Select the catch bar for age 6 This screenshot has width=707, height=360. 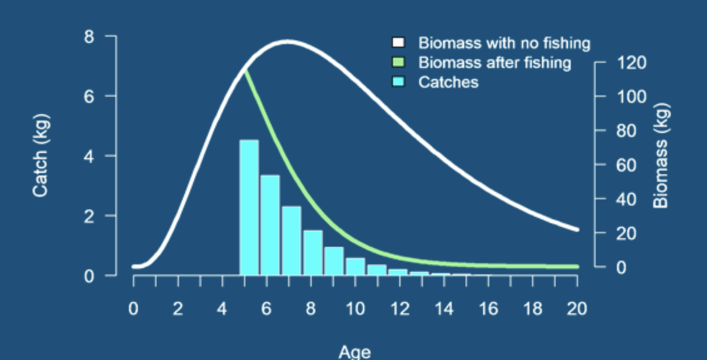coord(270,225)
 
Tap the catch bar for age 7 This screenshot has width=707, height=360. coord(291,240)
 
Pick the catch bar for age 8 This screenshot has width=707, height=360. coord(313,253)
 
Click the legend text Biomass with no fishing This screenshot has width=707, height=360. coord(504,43)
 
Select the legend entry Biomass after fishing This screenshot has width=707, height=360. coord(494,63)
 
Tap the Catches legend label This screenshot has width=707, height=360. coord(448,82)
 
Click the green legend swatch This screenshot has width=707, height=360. coord(398,62)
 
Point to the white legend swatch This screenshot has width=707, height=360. coord(398,43)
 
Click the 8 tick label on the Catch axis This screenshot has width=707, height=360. coord(89,37)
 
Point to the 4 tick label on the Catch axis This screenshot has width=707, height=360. coord(89,156)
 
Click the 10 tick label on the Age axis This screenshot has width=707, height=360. coord(355,309)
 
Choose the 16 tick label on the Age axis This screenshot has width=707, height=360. coord(488,309)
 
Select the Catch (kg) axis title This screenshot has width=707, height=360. coord(41,155)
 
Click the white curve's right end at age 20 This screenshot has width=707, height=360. coord(577,229)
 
